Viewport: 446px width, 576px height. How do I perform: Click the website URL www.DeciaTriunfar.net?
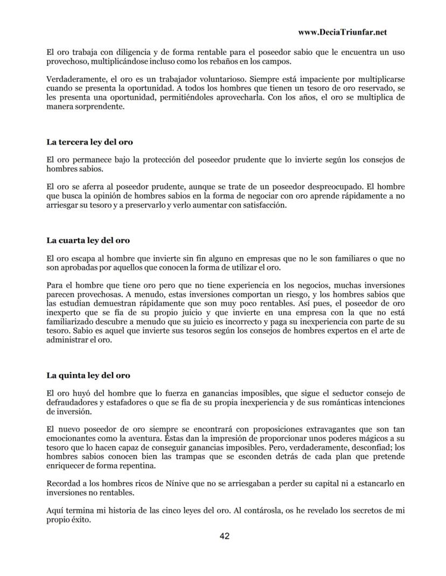pos(342,32)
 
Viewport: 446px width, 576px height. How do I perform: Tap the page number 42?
pos(225,536)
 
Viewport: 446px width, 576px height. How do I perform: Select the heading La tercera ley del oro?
pos(89,142)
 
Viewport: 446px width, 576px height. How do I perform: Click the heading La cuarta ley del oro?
pos(88,240)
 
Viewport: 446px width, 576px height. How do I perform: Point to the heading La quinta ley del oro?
pos(88,375)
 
